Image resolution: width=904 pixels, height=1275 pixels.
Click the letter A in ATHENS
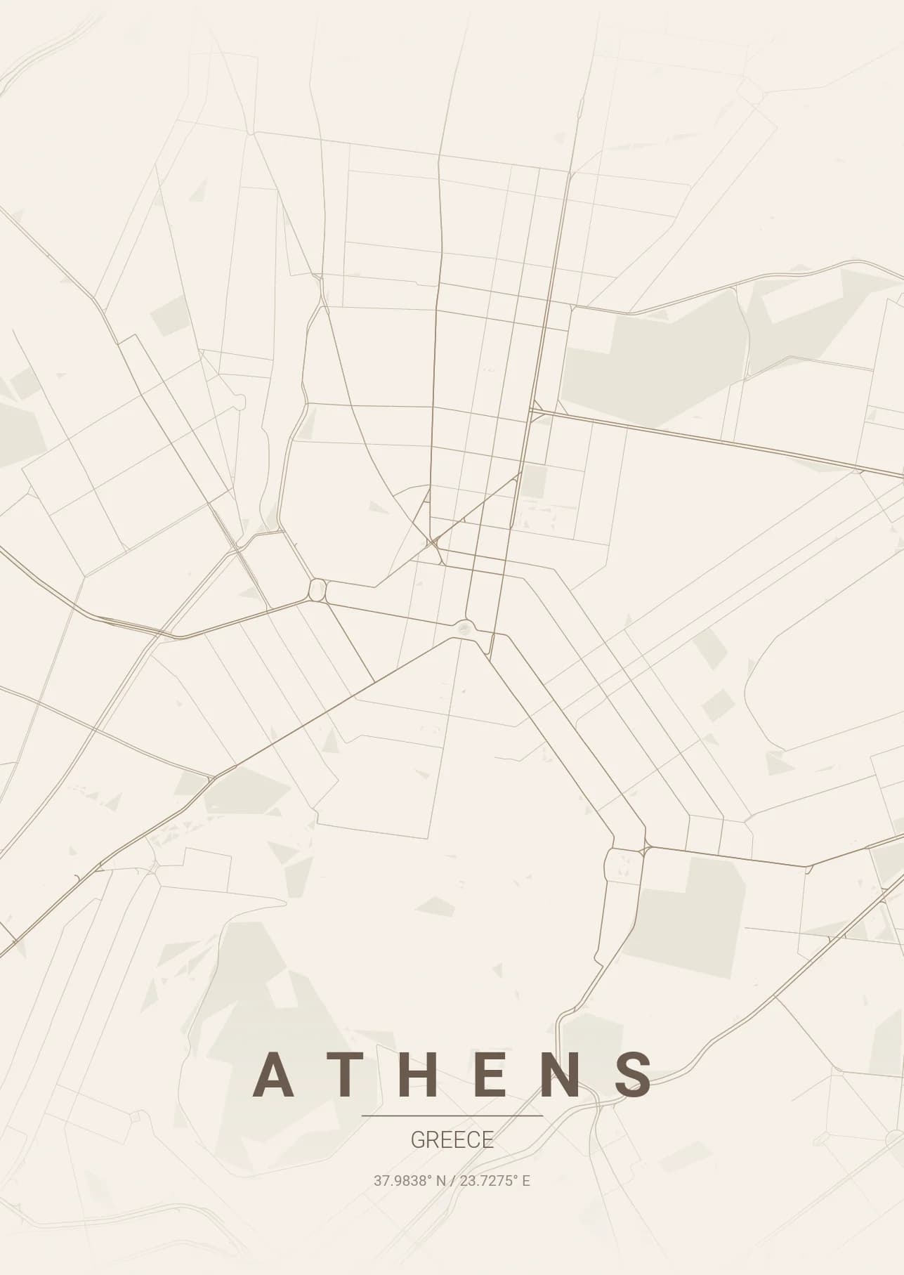[273, 1075]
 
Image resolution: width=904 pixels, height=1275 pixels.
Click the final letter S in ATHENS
[634, 1075]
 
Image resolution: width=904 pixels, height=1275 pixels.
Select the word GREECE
[452, 1140]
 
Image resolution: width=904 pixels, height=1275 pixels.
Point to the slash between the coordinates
[453, 1181]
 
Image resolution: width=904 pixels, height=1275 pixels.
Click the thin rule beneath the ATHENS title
[452, 1116]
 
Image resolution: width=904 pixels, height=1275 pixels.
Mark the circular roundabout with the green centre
[464, 627]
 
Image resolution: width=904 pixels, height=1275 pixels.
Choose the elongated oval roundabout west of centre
[317, 589]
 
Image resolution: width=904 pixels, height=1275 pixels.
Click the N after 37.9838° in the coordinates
[441, 1181]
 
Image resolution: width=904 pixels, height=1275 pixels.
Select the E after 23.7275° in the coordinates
[526, 1181]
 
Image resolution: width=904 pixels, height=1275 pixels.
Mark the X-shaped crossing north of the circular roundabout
[433, 542]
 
